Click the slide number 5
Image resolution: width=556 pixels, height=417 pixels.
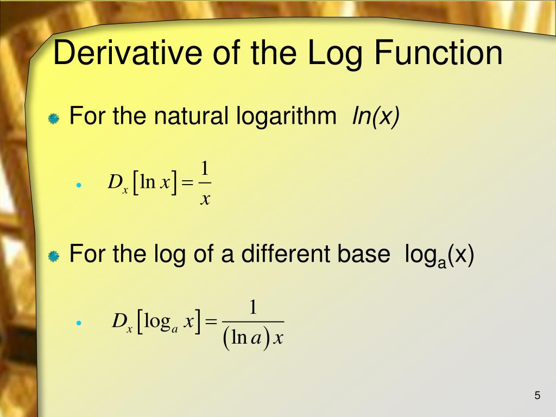point(538,395)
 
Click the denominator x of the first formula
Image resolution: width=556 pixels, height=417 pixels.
point(205,199)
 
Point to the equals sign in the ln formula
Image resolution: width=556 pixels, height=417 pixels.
point(187,184)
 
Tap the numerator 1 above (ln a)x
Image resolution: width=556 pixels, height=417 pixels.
point(253,307)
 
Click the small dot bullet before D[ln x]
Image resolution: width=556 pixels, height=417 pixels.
point(79,185)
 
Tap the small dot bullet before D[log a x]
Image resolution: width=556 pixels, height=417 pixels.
point(79,323)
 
